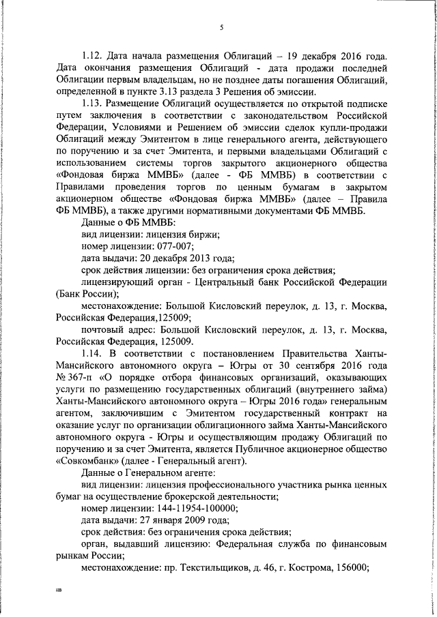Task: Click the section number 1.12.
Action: (x=91, y=55)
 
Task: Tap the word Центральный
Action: (x=217, y=283)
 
